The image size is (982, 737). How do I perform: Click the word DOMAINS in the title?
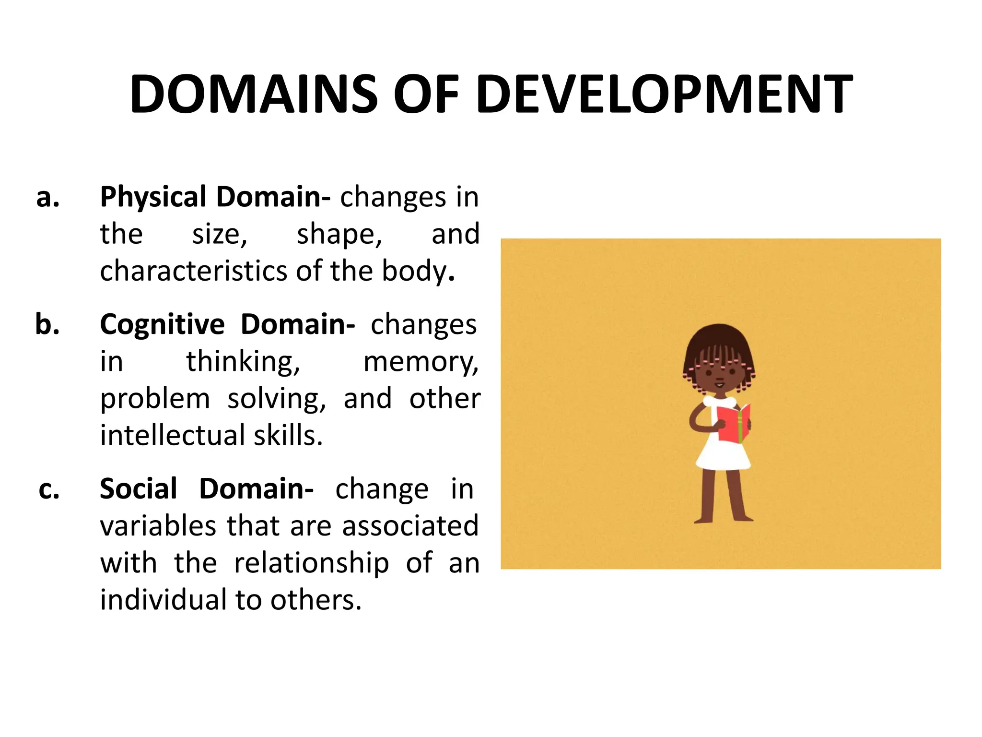tap(254, 95)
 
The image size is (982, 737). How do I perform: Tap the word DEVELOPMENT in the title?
tap(665, 95)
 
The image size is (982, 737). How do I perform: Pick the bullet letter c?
tap(49, 489)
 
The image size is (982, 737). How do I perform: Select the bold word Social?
tap(139, 489)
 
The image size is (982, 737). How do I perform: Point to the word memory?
tap(421, 362)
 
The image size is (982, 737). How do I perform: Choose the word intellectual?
tap(173, 436)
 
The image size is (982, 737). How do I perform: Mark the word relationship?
tap(312, 563)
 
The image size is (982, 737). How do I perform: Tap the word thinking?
tap(243, 362)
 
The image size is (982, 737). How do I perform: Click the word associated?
tap(410, 526)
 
